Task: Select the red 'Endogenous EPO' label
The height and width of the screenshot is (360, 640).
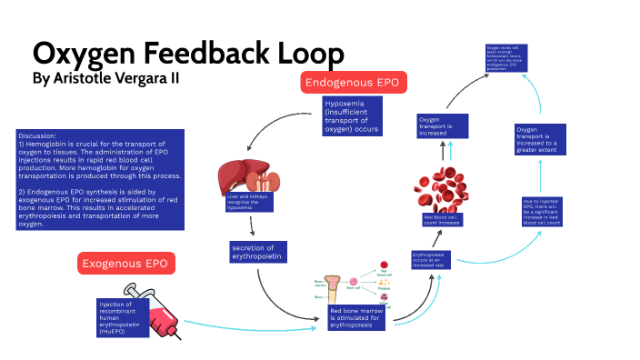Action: pos(355,83)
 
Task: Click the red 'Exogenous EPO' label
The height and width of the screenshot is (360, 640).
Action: pos(125,264)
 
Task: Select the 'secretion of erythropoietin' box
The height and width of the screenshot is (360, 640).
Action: pos(258,252)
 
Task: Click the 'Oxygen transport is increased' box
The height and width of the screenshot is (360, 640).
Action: pos(442,125)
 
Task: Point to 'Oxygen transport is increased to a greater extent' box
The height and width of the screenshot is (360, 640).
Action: pos(535,140)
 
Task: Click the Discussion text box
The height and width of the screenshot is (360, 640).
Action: pos(100,178)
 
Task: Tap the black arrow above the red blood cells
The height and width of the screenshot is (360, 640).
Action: pos(444,151)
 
